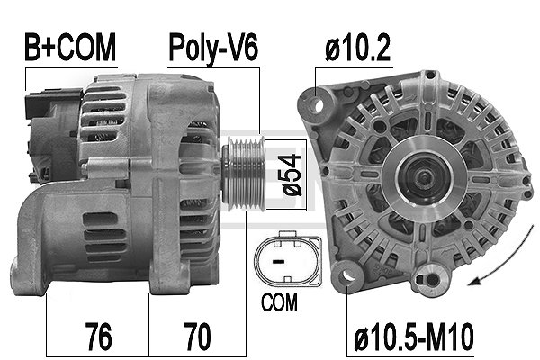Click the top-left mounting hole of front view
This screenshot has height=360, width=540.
(x=318, y=105)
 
